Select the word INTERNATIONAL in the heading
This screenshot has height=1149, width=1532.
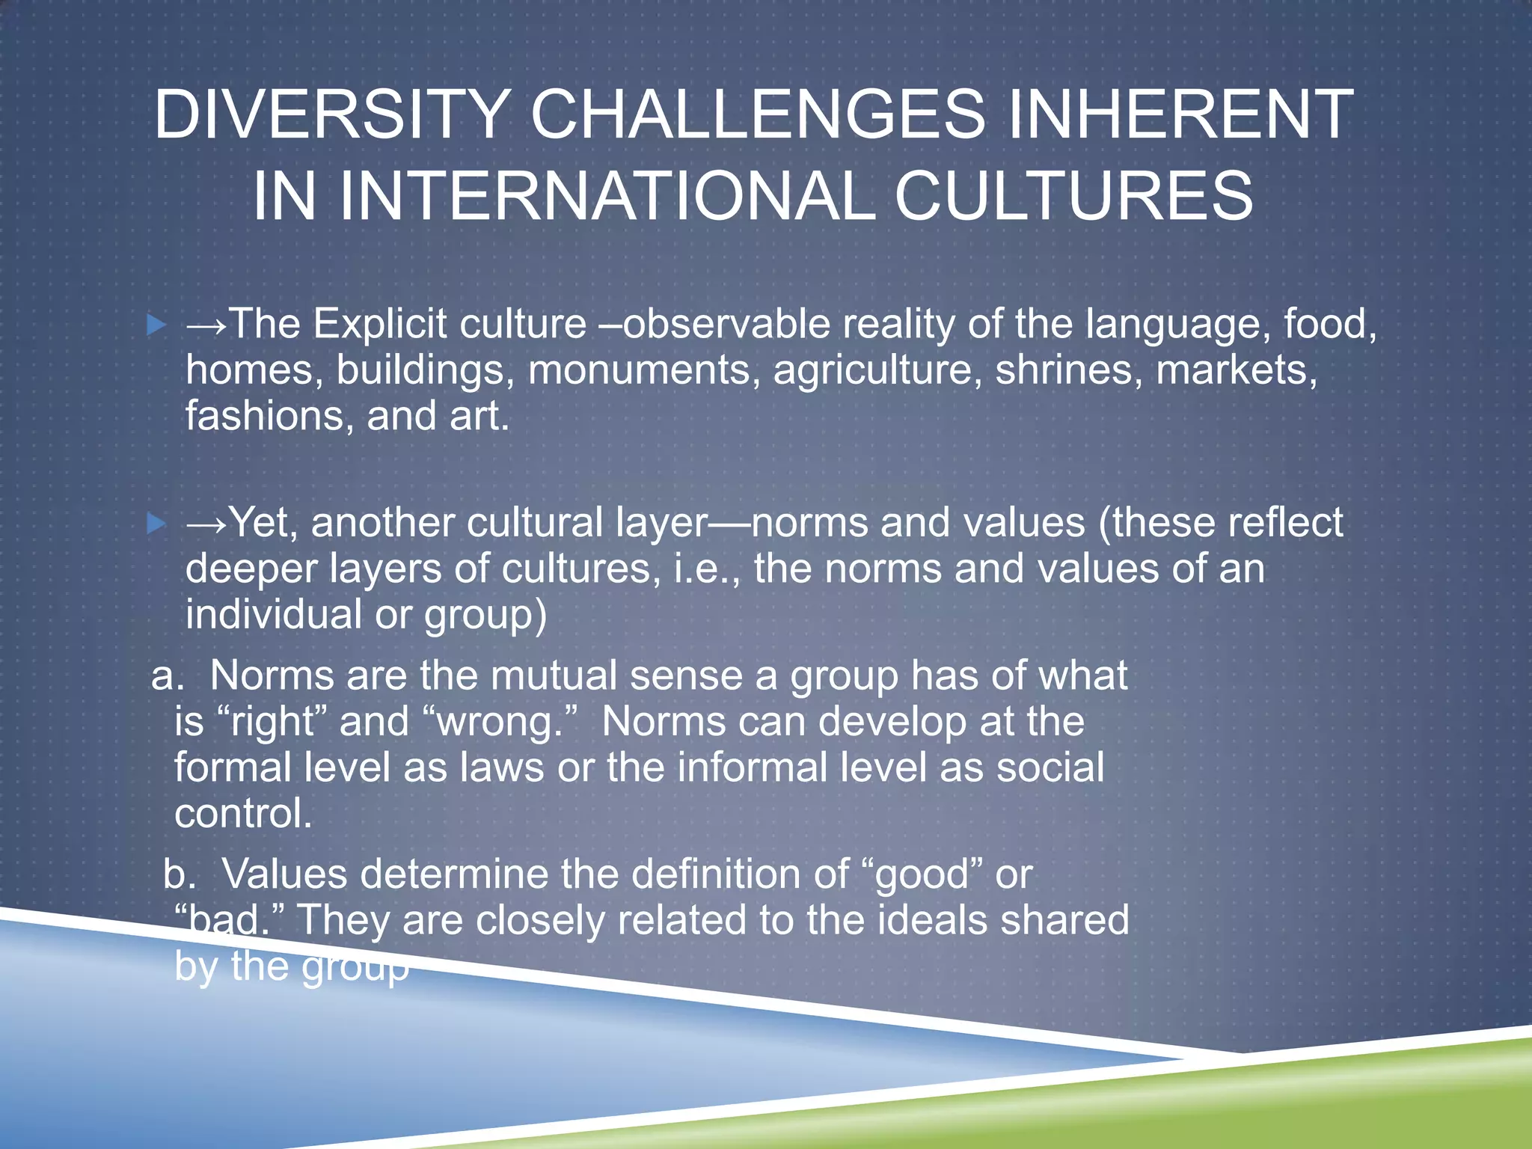[x=606, y=197]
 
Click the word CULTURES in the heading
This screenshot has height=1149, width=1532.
[x=1073, y=197]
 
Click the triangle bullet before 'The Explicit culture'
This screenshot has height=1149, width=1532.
[x=156, y=325]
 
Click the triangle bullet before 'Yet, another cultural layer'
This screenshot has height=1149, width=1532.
[x=156, y=524]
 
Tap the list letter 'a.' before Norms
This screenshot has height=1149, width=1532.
[x=168, y=676]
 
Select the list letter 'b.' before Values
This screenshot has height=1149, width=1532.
[x=180, y=874]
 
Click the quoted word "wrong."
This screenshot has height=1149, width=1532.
[x=500, y=723]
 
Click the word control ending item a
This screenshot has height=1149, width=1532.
[x=242, y=814]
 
